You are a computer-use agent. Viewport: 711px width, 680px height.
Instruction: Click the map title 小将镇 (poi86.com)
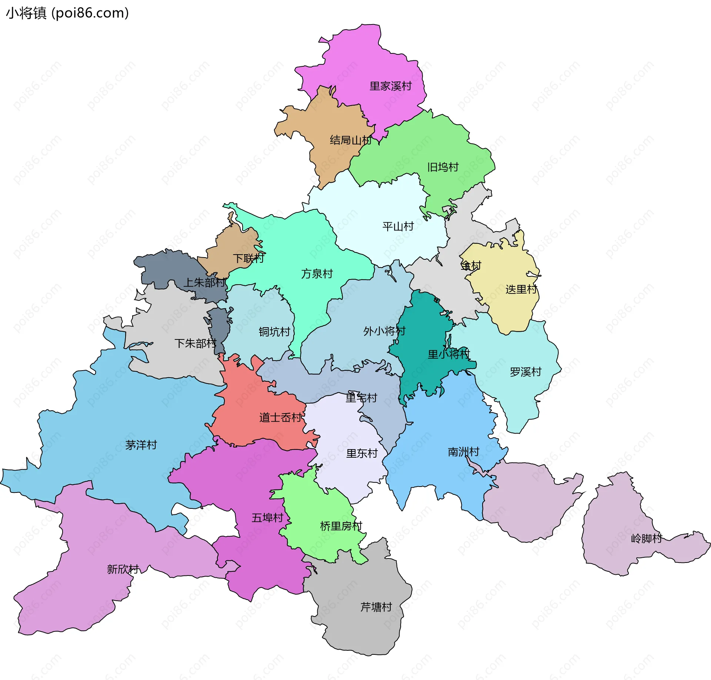click(67, 13)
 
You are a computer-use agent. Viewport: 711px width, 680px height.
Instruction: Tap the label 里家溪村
click(390, 86)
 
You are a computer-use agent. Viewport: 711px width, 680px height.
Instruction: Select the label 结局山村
click(350, 140)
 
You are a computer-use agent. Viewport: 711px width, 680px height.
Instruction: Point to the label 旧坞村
click(443, 167)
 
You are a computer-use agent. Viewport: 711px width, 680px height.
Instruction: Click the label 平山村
click(398, 226)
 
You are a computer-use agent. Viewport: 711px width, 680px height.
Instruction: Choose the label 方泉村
click(317, 274)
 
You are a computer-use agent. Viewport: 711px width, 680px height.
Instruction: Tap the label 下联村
click(248, 258)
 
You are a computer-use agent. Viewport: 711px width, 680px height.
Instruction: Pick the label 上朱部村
click(204, 283)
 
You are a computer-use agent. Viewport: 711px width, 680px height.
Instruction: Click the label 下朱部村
click(195, 344)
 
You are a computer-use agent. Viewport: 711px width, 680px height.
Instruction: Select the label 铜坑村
click(274, 332)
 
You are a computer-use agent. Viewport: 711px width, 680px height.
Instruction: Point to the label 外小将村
click(384, 331)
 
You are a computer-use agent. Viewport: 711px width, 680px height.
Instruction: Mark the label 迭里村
click(521, 289)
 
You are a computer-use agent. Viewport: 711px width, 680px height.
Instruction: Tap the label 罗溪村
click(525, 372)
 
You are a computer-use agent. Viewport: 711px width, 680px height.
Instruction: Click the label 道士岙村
click(281, 418)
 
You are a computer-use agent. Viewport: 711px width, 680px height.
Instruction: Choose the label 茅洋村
click(141, 445)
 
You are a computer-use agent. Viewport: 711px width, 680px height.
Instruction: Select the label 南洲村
click(463, 452)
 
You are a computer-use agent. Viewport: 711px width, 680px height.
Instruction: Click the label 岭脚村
click(646, 538)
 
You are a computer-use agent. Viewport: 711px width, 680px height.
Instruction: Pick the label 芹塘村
click(376, 607)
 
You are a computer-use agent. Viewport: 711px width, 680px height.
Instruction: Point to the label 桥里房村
click(341, 526)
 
